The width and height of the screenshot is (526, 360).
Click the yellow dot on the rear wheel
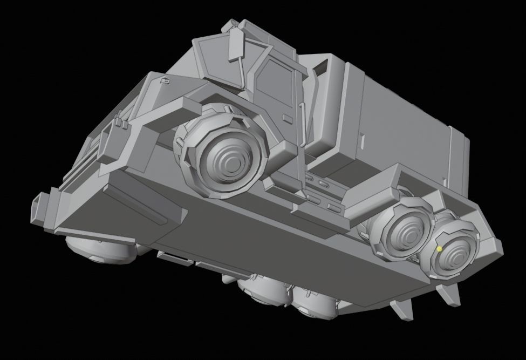pos(439,249)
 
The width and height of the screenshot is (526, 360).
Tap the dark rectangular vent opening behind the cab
pos(320,67)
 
